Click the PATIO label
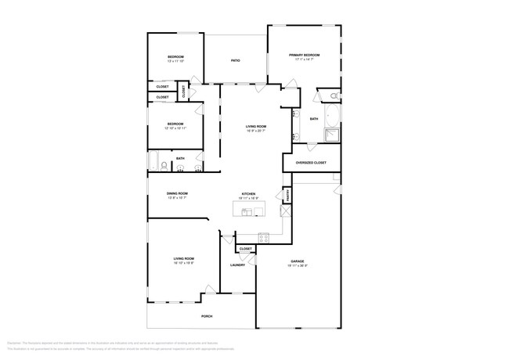[235, 60]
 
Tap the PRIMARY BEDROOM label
[305, 55]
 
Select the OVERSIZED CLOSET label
[310, 163]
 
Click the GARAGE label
[298, 261]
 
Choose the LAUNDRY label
[238, 265]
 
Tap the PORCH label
[207, 316]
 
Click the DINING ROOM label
[177, 193]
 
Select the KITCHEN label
[248, 193]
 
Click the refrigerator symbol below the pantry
[287, 212]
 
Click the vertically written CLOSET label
[183, 92]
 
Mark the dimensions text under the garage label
[298, 267]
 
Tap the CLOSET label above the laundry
[245, 249]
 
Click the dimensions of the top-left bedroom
[175, 61]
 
